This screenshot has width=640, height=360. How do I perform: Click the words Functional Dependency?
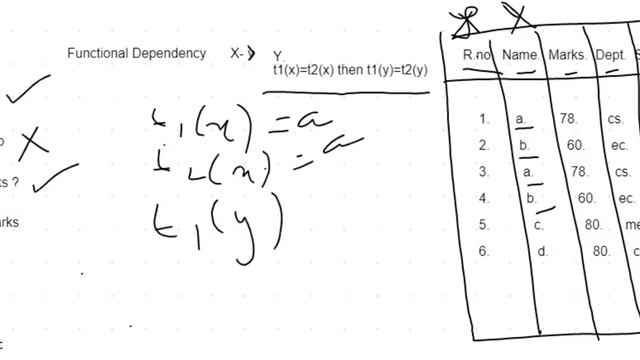coord(137,53)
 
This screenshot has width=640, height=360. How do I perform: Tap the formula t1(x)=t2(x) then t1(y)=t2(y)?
coord(350,70)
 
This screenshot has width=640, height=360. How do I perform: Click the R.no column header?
coord(476,56)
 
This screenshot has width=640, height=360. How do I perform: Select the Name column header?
coord(521,56)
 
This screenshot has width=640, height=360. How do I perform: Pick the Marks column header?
coord(567,56)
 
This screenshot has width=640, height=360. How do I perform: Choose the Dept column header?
coord(610,56)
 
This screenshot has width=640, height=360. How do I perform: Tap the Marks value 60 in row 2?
coord(576,146)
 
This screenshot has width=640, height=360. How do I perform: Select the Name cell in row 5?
coord(539,225)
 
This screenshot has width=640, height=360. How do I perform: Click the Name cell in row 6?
coord(543,252)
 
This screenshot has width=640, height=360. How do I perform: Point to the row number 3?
coord(484,172)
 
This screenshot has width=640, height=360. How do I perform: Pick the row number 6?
coord(484,252)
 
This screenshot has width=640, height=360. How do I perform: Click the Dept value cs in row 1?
coord(615,119)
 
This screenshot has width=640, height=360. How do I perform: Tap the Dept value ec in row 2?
coord(619,146)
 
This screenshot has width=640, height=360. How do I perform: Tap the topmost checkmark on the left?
coord(28,92)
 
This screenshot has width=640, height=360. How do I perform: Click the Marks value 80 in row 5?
coord(593,225)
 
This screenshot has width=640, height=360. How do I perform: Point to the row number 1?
coord(484,119)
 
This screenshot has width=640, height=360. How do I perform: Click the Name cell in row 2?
coord(524,146)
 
